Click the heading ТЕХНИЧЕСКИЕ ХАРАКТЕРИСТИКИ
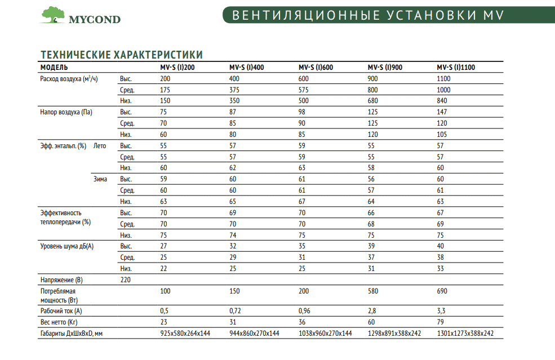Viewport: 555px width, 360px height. point(121,54)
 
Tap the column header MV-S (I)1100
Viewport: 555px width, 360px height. point(456,68)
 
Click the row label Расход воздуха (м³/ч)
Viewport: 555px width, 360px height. point(69,79)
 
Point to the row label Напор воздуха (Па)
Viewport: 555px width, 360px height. point(66,112)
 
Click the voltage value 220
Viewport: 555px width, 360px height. point(126,279)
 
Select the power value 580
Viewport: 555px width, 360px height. point(373,291)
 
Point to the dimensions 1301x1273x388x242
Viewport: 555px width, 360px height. point(465,334)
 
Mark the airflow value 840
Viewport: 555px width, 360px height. point(442,101)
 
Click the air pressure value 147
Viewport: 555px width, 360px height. point(442,112)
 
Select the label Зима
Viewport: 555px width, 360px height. point(100,179)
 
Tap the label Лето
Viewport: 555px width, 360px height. point(99,146)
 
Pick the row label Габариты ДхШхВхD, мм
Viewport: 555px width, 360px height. point(71,334)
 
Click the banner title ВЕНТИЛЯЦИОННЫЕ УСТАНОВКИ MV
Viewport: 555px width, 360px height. point(367,15)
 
